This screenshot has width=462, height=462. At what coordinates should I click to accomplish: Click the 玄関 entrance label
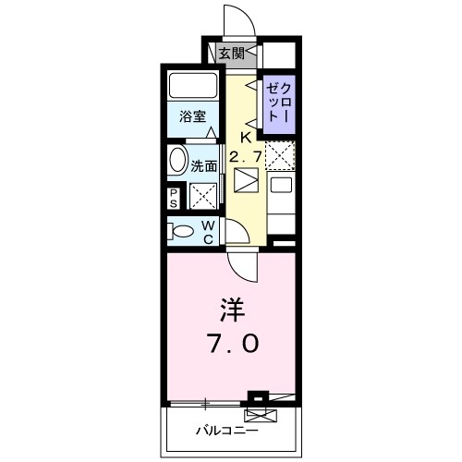[x=232, y=54]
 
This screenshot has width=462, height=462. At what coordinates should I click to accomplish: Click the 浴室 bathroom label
[x=193, y=119]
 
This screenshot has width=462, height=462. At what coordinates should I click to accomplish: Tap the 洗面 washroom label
[x=204, y=167]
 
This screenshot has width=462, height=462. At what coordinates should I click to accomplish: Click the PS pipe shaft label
[x=174, y=197]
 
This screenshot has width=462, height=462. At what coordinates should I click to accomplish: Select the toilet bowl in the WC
[x=182, y=231]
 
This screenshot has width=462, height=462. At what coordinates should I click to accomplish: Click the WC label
[x=209, y=232]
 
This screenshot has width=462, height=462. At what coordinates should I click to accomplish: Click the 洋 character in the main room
[x=232, y=308]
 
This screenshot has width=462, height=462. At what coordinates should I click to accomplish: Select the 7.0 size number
[x=232, y=343]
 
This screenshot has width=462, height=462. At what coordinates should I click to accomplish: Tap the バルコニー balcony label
[x=225, y=430]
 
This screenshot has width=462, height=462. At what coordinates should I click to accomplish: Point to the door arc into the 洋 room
[x=242, y=268]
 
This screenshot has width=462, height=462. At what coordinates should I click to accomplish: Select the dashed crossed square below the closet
[x=278, y=155]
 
